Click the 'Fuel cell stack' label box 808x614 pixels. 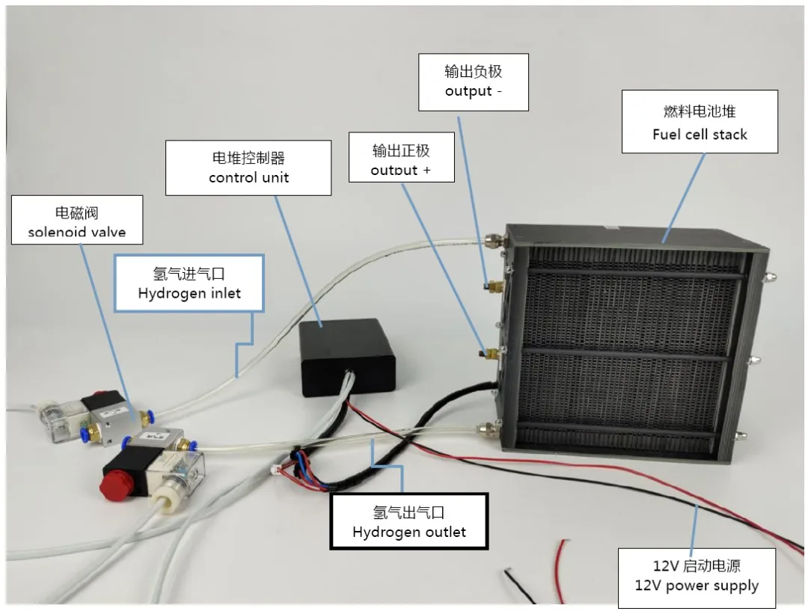(x=700, y=122)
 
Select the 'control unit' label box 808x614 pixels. (x=248, y=168)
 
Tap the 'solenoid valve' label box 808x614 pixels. (x=77, y=220)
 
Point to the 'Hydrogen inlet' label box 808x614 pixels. (x=189, y=283)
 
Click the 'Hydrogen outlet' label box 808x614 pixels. (x=409, y=522)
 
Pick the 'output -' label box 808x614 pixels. (x=473, y=82)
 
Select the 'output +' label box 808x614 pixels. (x=401, y=159)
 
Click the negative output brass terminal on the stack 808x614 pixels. (x=492, y=286)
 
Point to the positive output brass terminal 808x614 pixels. (x=491, y=351)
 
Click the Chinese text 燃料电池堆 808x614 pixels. (x=700, y=111)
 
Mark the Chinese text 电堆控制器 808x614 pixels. (x=248, y=158)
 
